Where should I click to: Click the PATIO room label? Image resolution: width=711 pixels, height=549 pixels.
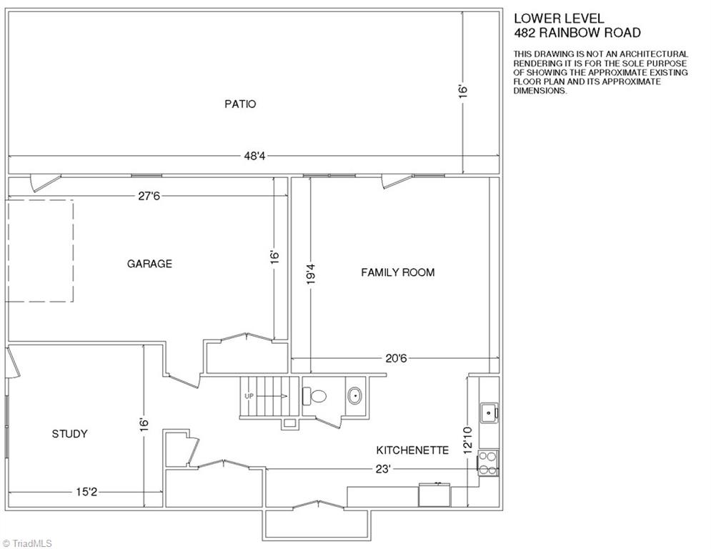[240, 104]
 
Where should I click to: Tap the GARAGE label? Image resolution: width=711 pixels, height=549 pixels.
[149, 264]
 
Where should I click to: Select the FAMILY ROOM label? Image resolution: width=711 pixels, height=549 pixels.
[398, 272]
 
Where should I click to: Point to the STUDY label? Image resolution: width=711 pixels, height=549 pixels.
[69, 434]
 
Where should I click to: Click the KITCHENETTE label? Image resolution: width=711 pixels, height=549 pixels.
[412, 450]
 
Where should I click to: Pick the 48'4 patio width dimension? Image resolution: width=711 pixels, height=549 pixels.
[254, 156]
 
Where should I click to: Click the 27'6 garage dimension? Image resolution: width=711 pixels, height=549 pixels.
[149, 196]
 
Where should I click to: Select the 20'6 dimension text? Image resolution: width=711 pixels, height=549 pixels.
[397, 358]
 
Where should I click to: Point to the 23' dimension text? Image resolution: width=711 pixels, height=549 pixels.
[383, 469]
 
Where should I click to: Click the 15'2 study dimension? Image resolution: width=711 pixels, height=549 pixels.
[86, 492]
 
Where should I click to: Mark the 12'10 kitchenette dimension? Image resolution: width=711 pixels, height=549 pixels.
[469, 439]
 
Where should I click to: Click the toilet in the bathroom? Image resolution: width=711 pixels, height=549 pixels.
[314, 395]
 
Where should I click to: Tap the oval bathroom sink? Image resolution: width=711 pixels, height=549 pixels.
[354, 395]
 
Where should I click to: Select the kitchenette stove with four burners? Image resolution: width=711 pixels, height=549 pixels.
[488, 463]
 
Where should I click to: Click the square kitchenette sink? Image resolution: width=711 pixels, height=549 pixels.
[489, 413]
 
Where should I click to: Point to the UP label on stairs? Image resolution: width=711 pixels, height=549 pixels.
[249, 396]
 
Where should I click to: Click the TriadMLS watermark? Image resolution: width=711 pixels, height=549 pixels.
[27, 543]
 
